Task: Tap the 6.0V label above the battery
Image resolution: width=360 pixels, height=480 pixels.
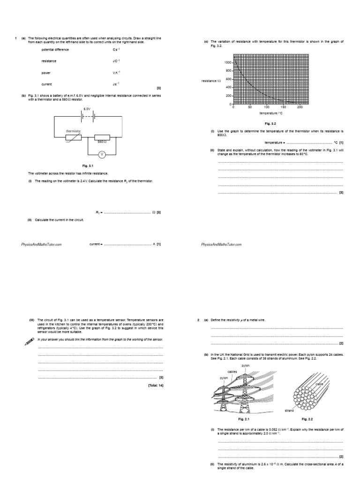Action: pyautogui.click(x=87, y=109)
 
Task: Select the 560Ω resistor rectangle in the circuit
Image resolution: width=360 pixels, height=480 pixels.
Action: pyautogui.click(x=102, y=138)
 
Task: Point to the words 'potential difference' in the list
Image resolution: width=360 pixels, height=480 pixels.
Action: pyautogui.click(x=55, y=49)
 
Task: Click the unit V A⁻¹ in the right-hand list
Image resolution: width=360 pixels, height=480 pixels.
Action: pyautogui.click(x=116, y=73)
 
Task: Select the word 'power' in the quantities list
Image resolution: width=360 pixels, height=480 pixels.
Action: pyautogui.click(x=46, y=73)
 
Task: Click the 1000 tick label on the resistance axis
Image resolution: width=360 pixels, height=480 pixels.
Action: pyautogui.click(x=227, y=62)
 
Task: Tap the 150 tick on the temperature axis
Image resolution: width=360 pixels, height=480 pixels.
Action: pyautogui.click(x=283, y=107)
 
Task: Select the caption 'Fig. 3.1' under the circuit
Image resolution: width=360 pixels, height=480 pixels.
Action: pyautogui.click(x=88, y=166)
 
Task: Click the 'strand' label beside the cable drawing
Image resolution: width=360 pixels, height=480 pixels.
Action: pyautogui.click(x=289, y=410)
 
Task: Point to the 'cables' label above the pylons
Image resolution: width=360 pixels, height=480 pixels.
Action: pyautogui.click(x=232, y=371)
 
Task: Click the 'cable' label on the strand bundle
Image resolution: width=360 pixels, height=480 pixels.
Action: pyautogui.click(x=320, y=384)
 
